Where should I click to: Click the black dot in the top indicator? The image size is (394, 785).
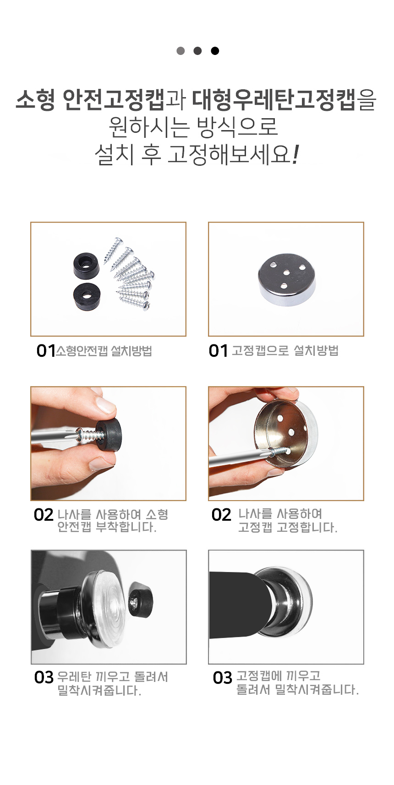click(x=215, y=51)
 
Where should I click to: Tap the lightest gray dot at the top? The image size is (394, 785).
click(x=181, y=51)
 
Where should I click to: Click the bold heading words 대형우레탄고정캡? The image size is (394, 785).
click(x=274, y=100)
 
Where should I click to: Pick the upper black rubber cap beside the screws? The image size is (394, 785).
click(x=86, y=265)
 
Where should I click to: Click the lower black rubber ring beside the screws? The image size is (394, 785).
click(x=87, y=295)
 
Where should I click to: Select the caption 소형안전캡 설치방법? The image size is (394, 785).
click(x=104, y=350)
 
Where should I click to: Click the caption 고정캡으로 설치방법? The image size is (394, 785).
click(x=285, y=350)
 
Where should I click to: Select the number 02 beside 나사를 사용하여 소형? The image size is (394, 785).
click(x=44, y=515)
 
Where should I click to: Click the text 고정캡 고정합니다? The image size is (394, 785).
click(x=287, y=527)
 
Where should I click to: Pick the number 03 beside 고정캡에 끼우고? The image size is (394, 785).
click(x=222, y=678)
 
